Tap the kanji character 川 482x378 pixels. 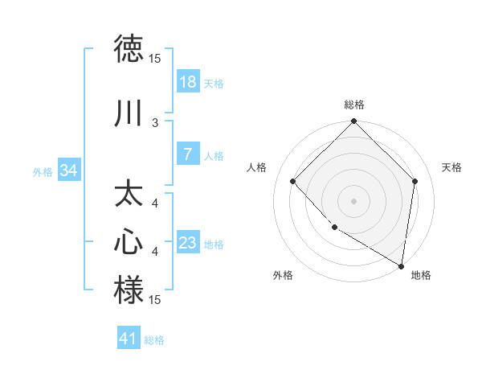tap(129, 113)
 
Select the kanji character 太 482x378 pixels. tap(129, 195)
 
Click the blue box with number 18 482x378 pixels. tap(188, 82)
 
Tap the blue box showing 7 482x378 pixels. tap(188, 154)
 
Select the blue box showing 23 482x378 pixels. tap(188, 243)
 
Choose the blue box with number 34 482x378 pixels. tap(69, 171)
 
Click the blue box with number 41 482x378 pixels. tap(129, 339)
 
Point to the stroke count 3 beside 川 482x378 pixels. tap(155, 122)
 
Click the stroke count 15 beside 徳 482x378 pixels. tap(155, 59)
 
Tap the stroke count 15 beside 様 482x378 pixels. tap(155, 300)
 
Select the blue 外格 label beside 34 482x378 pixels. tap(43, 171)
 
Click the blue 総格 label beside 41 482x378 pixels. tap(154, 340)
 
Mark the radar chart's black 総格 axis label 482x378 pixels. tap(354, 105)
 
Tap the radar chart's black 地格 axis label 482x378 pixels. tap(421, 276)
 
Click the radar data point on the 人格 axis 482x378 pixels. tap(293, 182)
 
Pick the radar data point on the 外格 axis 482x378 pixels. tap(334, 228)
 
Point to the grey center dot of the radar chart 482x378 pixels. tap(354, 200)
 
